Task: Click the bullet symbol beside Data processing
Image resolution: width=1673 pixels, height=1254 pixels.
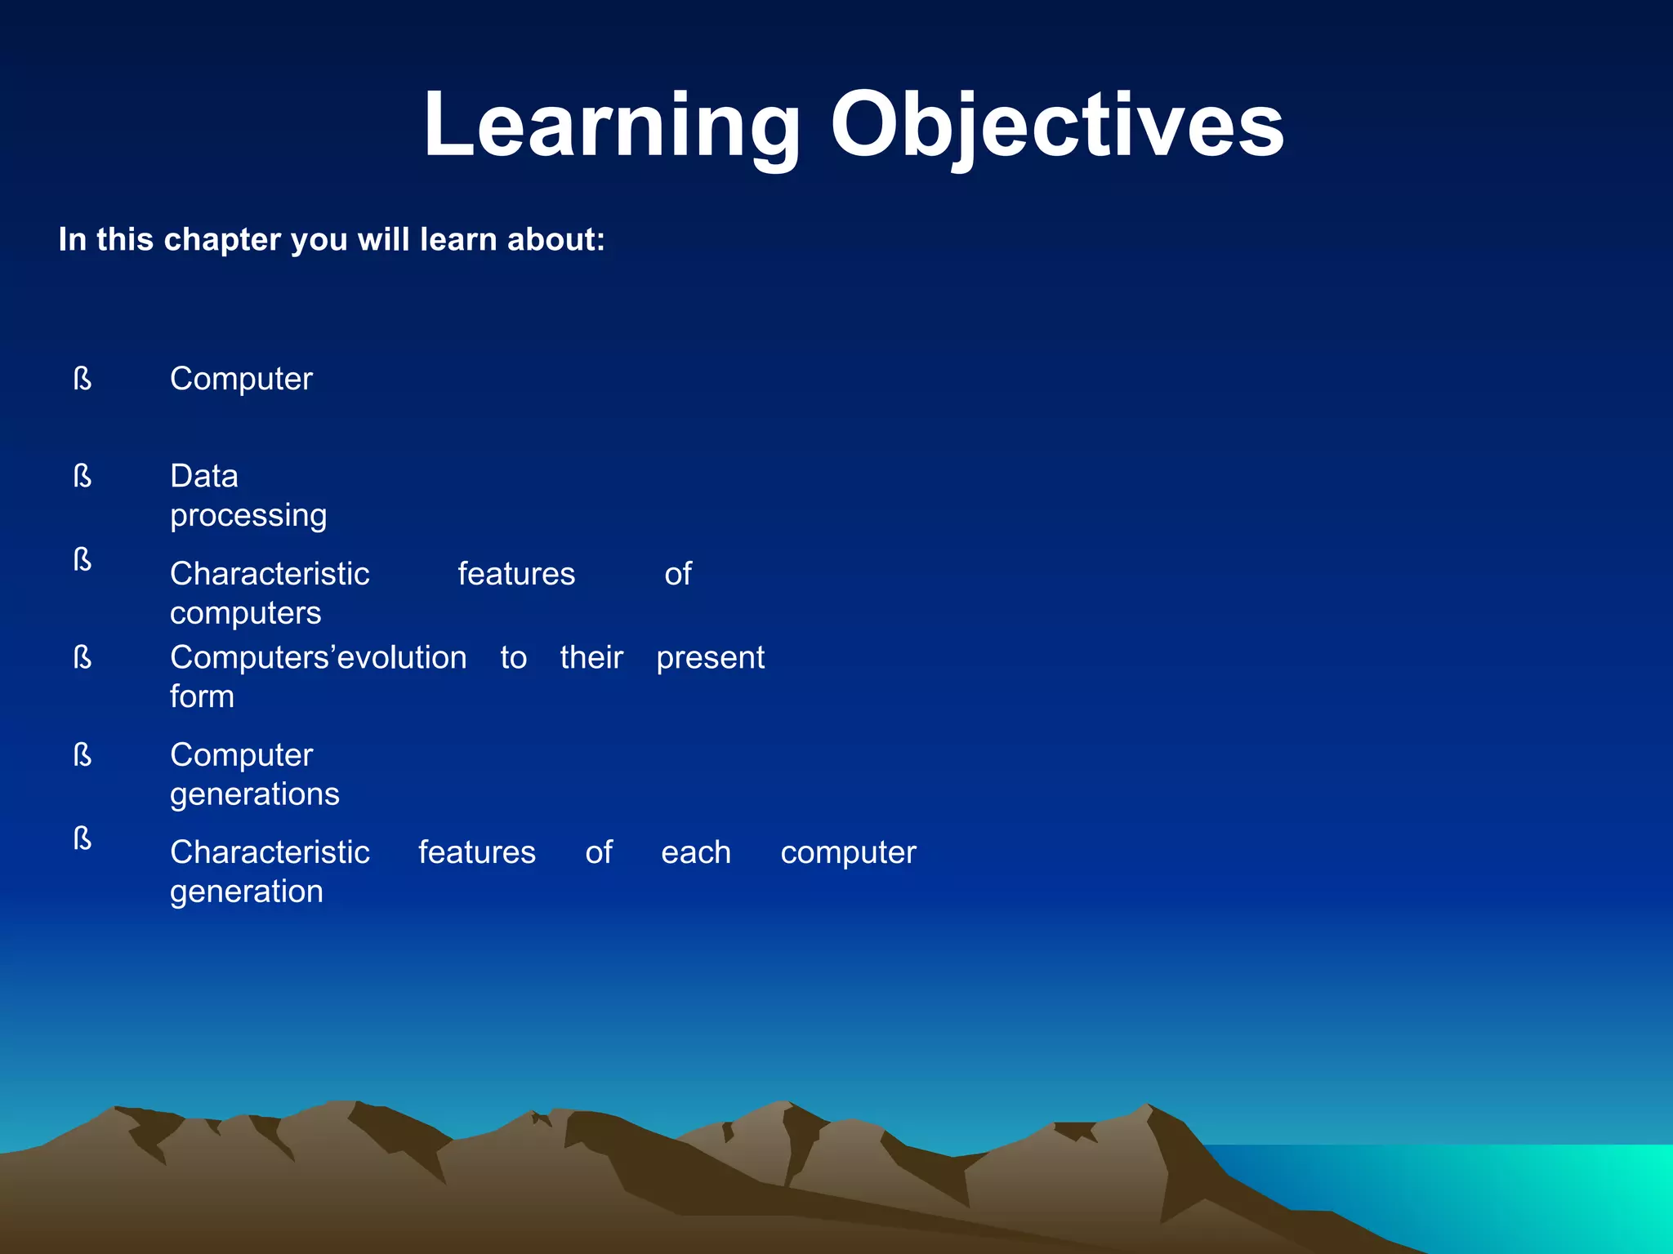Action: pyautogui.click(x=83, y=476)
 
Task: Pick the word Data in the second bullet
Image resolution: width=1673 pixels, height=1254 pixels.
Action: pyautogui.click(x=204, y=476)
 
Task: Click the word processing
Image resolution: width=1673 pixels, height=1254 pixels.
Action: pyautogui.click(x=248, y=516)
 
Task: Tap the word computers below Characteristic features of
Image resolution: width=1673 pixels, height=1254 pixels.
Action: pyautogui.click(x=245, y=613)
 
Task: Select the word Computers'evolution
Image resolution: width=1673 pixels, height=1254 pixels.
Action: pyautogui.click(x=318, y=657)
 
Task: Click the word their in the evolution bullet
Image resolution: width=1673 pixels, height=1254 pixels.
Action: pyautogui.click(x=591, y=657)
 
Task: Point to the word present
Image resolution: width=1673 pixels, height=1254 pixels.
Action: pyautogui.click(x=710, y=658)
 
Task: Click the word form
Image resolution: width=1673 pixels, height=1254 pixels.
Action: pyautogui.click(x=202, y=696)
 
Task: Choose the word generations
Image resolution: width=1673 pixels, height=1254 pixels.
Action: pyautogui.click(x=254, y=794)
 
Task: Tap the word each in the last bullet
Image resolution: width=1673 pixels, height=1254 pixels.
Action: pyautogui.click(x=696, y=852)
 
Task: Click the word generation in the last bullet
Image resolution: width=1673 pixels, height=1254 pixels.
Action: pyautogui.click(x=246, y=892)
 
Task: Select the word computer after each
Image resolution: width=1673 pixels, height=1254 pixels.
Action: pyautogui.click(x=848, y=853)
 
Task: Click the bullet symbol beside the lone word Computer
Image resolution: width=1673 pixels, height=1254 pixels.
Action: pyautogui.click(x=83, y=379)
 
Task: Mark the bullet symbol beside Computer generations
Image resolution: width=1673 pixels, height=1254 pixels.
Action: pyautogui.click(x=83, y=755)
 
